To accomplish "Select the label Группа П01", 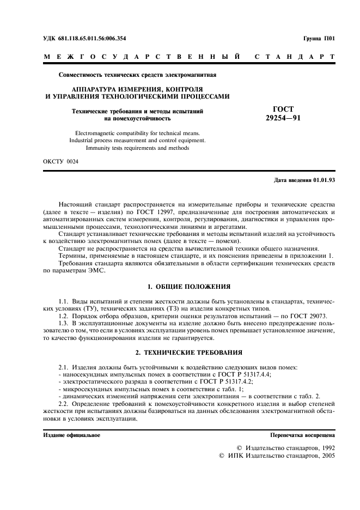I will [x=319, y=39].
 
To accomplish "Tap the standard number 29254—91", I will [x=283, y=118].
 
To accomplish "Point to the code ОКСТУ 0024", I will [x=60, y=162].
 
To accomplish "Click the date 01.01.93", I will [x=325, y=180].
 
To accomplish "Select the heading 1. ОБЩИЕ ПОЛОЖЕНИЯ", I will [x=189, y=286].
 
